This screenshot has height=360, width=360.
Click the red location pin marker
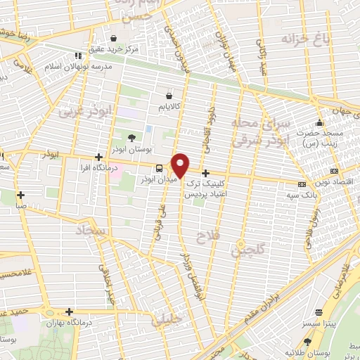pos(181,165)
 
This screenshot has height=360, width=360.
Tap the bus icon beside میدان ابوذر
pos(160,168)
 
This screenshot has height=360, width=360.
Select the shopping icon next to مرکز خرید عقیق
pos(114,38)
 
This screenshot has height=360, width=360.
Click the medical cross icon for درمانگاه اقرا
pos(98,157)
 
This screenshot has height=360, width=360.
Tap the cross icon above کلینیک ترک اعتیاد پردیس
pos(205,173)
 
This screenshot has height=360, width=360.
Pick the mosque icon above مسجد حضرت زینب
pos(320,122)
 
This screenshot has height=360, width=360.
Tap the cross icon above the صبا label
pos(22,195)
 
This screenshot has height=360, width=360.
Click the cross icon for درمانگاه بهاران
pos(69,311)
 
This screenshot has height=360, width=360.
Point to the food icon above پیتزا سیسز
pos(320,311)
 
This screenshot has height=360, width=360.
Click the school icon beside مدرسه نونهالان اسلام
pos(78,54)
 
